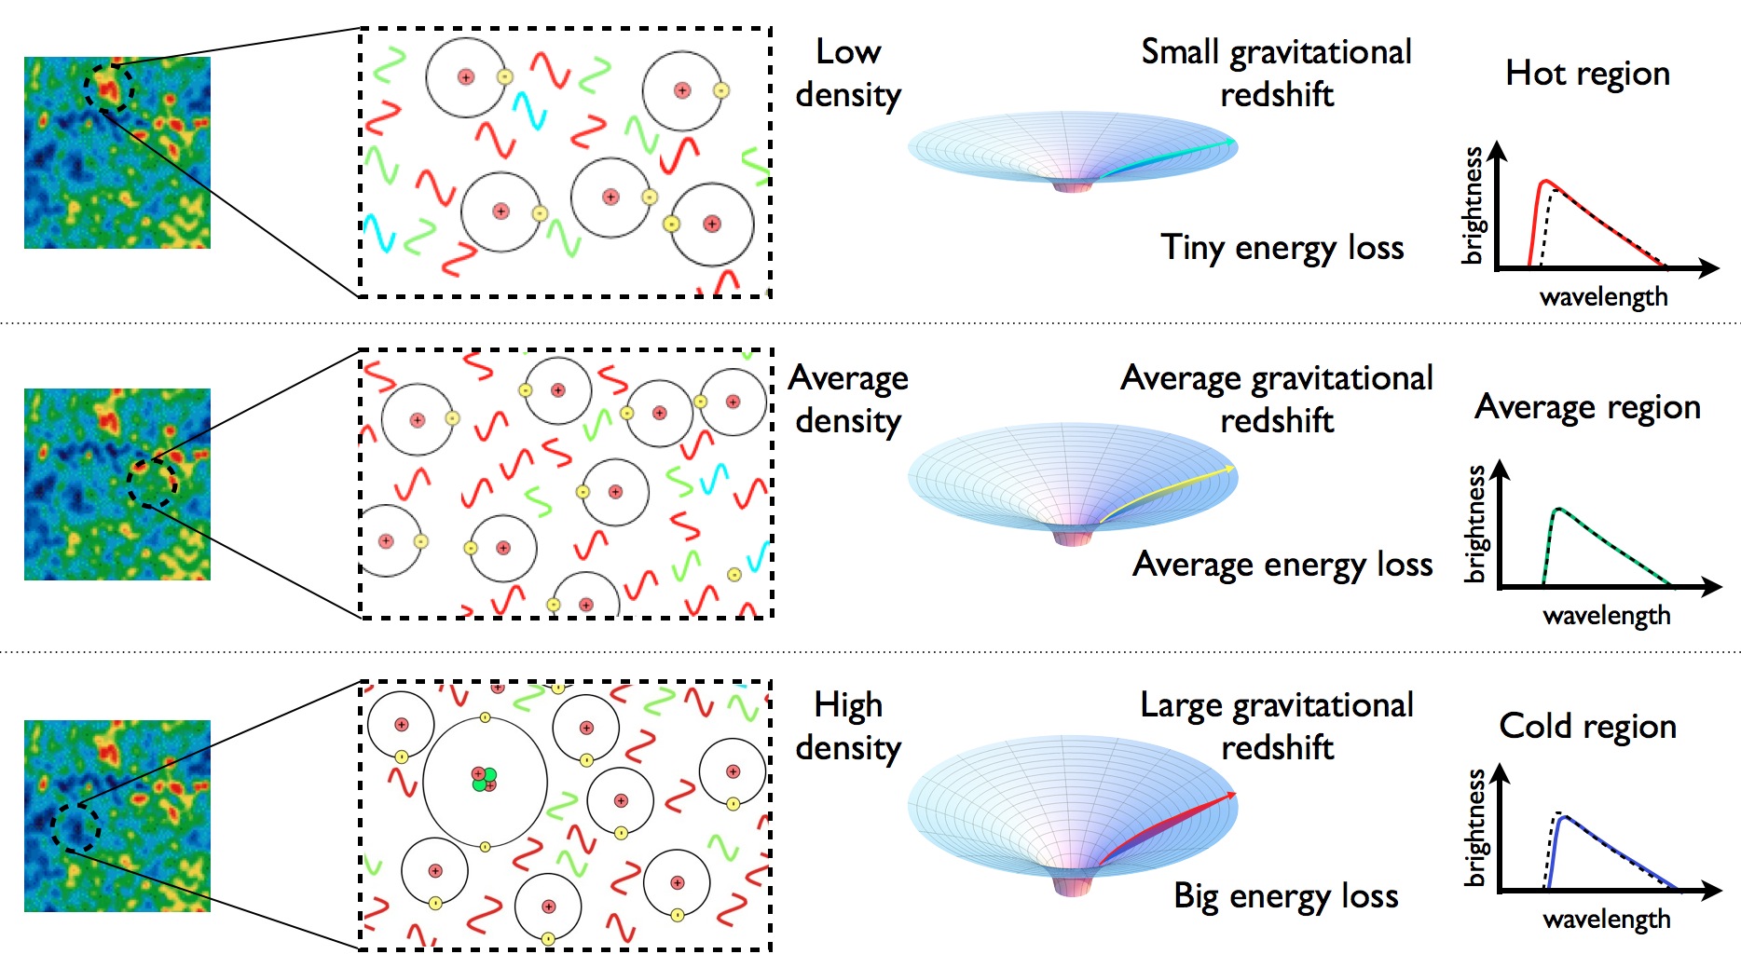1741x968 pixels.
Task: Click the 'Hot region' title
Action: click(1587, 74)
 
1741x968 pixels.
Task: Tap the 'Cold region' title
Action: click(1587, 726)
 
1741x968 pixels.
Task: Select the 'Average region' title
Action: click(1587, 407)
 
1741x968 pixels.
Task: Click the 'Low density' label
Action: click(848, 73)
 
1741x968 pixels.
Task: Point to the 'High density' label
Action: click(848, 726)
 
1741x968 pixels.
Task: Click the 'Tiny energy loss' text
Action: click(1282, 248)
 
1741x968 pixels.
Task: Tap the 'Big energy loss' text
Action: click(1285, 896)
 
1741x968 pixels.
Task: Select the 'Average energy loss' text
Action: click(1282, 565)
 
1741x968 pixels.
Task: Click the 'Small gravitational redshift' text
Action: click(1276, 73)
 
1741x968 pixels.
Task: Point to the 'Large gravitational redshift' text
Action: click(1277, 726)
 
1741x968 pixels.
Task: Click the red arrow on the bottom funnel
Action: click(1170, 826)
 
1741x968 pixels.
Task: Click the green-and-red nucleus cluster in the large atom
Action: click(484, 779)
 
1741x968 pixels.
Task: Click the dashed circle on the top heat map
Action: click(109, 88)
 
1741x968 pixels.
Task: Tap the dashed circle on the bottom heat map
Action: click(75, 826)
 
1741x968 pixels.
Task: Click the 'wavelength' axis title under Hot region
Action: click(1603, 297)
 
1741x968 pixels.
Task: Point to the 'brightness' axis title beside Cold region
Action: click(1474, 827)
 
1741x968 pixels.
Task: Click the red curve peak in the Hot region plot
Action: click(1544, 182)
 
